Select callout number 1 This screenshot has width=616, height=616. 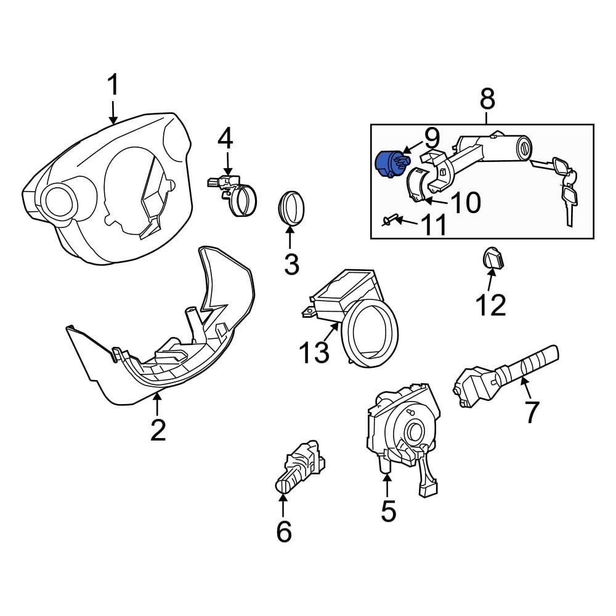[x=113, y=85]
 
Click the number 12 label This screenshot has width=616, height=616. [x=491, y=305]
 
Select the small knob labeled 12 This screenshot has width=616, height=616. [x=493, y=257]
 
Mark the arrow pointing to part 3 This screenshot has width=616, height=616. [x=290, y=237]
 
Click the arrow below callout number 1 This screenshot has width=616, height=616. [x=113, y=113]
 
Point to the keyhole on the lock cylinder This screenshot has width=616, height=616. [x=525, y=148]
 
